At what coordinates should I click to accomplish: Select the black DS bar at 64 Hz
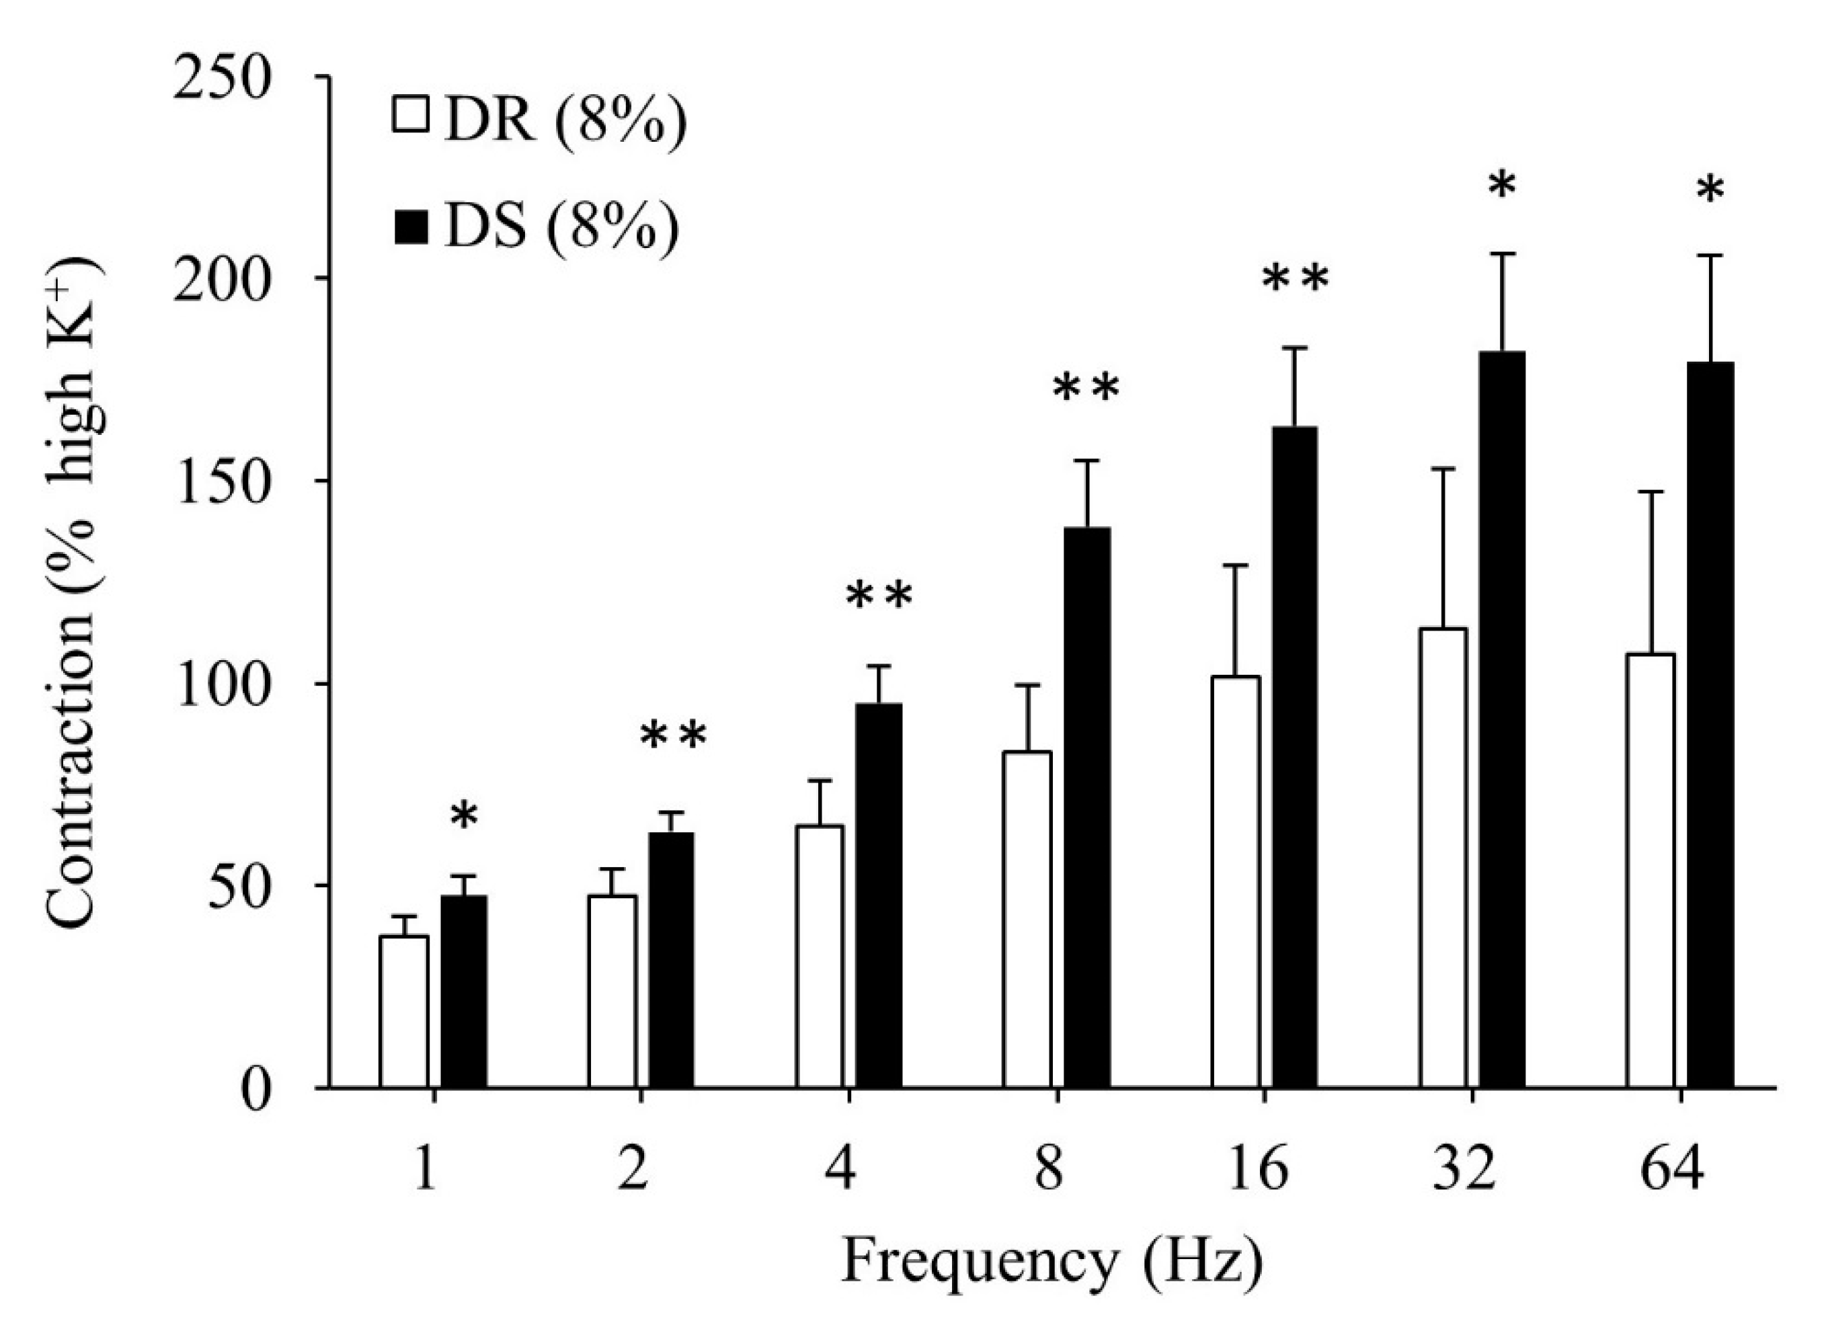pos(1710,725)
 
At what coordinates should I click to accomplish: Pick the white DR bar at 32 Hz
pos(1443,858)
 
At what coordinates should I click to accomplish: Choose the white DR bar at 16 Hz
pos(1235,882)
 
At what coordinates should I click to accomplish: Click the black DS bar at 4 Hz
pos(879,895)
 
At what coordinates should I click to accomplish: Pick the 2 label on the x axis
pos(633,1170)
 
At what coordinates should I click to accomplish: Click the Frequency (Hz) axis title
pos(1051,1262)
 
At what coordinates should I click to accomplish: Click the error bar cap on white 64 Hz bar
pos(1651,492)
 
